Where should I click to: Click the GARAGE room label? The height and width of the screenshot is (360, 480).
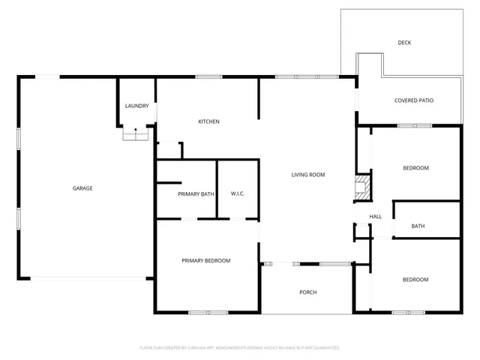tap(82, 188)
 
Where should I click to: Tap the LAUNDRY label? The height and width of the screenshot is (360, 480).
tap(136, 106)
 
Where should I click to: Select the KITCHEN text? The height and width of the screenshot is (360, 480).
tap(208, 121)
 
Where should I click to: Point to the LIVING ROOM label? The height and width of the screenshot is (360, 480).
tap(307, 175)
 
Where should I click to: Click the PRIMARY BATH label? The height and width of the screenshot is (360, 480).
tap(196, 194)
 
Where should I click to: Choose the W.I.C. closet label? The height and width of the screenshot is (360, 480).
tap(238, 194)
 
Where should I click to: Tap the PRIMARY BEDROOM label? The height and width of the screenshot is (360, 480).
tap(205, 260)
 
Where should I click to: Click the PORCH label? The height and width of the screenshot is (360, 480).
tap(307, 292)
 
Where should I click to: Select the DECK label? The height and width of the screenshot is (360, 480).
tap(403, 43)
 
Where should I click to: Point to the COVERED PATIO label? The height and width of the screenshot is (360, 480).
tap(414, 100)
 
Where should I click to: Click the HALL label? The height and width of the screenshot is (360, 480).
tap(376, 217)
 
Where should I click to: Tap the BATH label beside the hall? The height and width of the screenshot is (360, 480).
tap(418, 226)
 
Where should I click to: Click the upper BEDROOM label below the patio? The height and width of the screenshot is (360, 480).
tap(415, 168)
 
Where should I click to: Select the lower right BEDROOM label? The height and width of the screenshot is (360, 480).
tap(415, 280)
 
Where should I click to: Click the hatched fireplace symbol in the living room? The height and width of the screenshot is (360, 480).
tap(363, 187)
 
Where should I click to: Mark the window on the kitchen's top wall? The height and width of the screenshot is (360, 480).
tap(208, 76)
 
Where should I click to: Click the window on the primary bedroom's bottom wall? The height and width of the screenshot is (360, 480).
tap(202, 312)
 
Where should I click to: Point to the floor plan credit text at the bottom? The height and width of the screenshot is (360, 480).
tap(240, 348)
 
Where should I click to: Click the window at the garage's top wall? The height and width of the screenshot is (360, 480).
tap(46, 76)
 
